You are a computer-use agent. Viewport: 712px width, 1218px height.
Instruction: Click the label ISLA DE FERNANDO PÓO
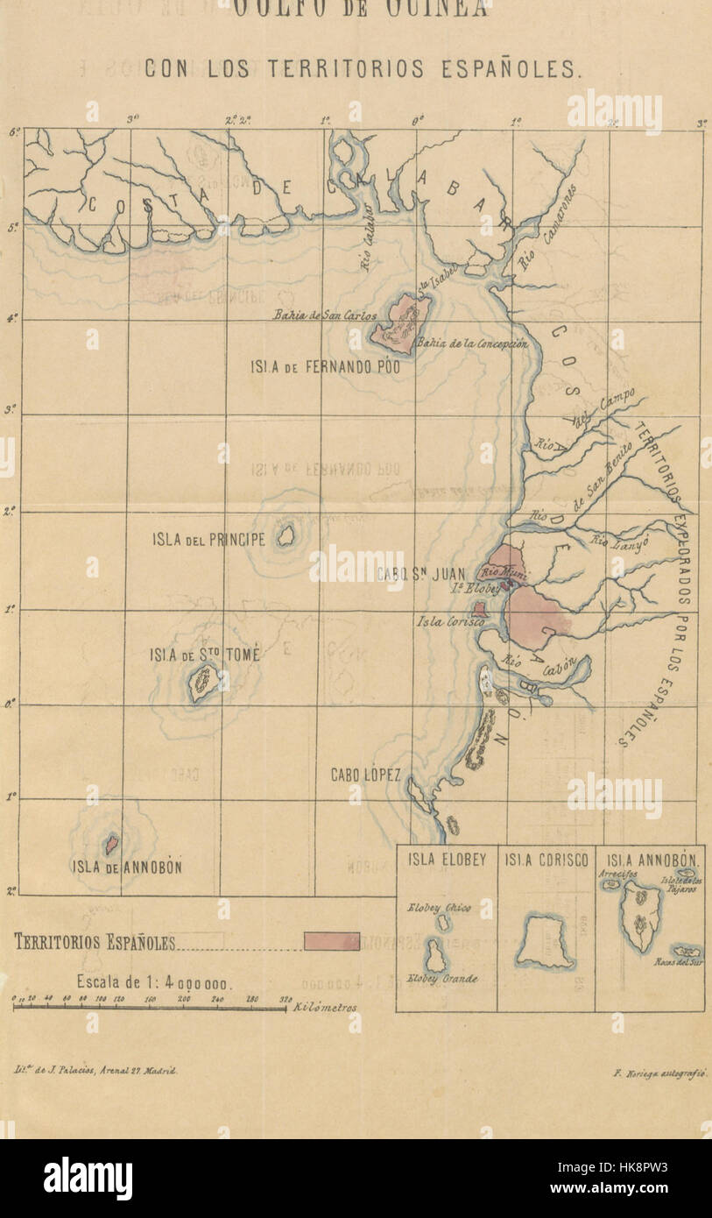[325, 367]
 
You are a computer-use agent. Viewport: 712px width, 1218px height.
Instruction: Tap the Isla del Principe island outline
[286, 535]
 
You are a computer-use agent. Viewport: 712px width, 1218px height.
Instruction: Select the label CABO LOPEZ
[365, 775]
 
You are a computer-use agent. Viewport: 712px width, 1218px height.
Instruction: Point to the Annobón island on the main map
[111, 845]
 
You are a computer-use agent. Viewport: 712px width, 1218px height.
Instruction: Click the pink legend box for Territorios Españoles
[332, 941]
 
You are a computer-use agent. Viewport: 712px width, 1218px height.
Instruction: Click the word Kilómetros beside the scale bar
[326, 1009]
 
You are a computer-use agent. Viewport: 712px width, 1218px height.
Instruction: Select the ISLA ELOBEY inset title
[447, 860]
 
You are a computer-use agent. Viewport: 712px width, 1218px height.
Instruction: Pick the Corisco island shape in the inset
[545, 941]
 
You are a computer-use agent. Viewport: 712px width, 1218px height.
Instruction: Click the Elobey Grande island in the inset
[435, 956]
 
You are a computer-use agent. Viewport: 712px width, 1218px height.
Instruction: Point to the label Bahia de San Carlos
[324, 315]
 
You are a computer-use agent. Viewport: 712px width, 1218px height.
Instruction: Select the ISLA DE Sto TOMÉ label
[204, 654]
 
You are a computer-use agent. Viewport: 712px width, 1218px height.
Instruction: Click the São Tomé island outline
[203, 683]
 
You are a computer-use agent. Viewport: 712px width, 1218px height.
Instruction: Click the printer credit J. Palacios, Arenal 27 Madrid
[95, 1071]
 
